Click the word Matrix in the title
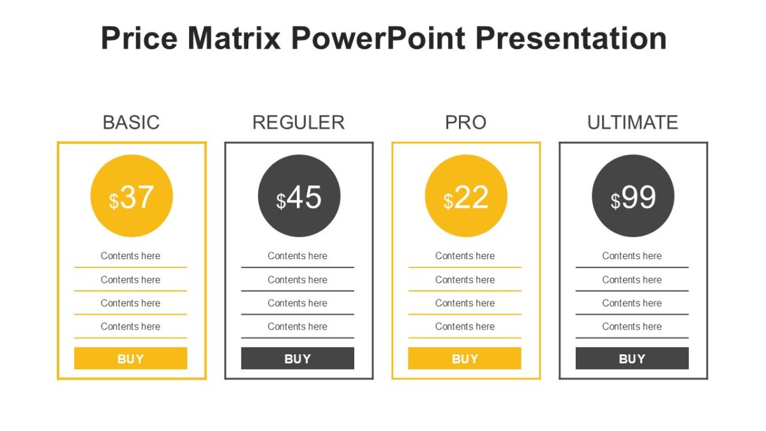[x=234, y=38]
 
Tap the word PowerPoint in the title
[x=377, y=38]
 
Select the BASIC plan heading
[x=131, y=122]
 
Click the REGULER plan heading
[x=298, y=122]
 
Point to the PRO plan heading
[x=465, y=122]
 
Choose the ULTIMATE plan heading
[x=633, y=122]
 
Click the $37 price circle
[x=131, y=196]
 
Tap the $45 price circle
[x=299, y=196]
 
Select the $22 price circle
[x=466, y=196]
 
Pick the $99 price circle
[x=633, y=196]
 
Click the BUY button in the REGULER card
[x=297, y=358]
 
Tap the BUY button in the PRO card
[x=465, y=358]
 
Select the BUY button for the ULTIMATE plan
[x=632, y=358]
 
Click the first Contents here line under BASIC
[x=130, y=256]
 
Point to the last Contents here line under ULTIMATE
[x=632, y=326]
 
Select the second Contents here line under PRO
[x=465, y=280]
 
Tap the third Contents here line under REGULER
[x=297, y=303]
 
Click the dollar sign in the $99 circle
[x=615, y=201]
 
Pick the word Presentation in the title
[x=571, y=38]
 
